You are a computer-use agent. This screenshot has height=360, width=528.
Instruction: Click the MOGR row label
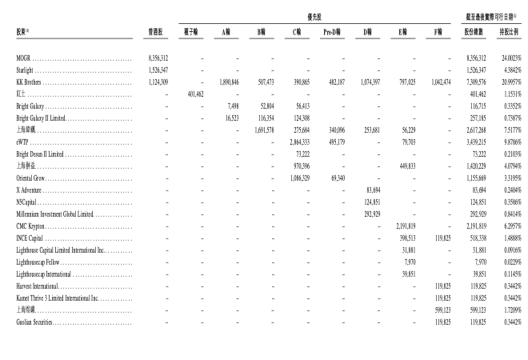pos(23,58)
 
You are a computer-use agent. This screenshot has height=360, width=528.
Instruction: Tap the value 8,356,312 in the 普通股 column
pos(158,58)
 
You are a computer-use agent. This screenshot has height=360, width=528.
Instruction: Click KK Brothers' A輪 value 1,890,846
pos(228,82)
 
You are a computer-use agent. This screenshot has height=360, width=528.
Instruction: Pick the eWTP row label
pos(23,140)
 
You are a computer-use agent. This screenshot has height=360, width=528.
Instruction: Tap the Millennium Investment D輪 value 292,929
pos(366,214)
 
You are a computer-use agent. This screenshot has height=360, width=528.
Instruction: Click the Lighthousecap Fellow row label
pos(37,262)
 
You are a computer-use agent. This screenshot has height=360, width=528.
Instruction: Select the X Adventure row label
pos(29,190)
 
